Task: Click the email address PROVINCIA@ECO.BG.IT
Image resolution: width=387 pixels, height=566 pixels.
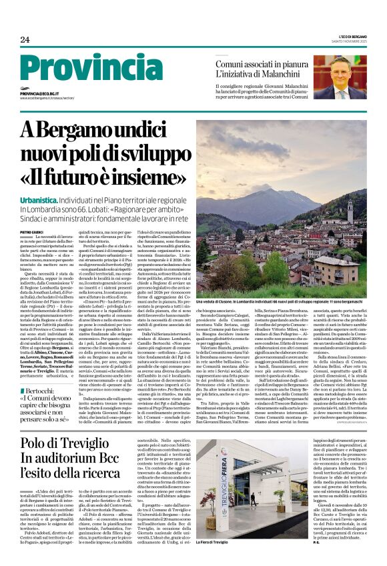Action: (44, 94)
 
